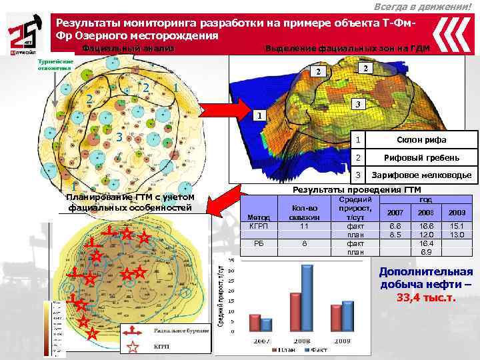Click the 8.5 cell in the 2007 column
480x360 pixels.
tap(395, 235)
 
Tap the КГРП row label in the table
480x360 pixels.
tap(257, 227)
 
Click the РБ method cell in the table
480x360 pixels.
tap(257, 244)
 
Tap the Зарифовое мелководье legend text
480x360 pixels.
tap(422, 175)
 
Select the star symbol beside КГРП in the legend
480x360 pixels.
tap(133, 346)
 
